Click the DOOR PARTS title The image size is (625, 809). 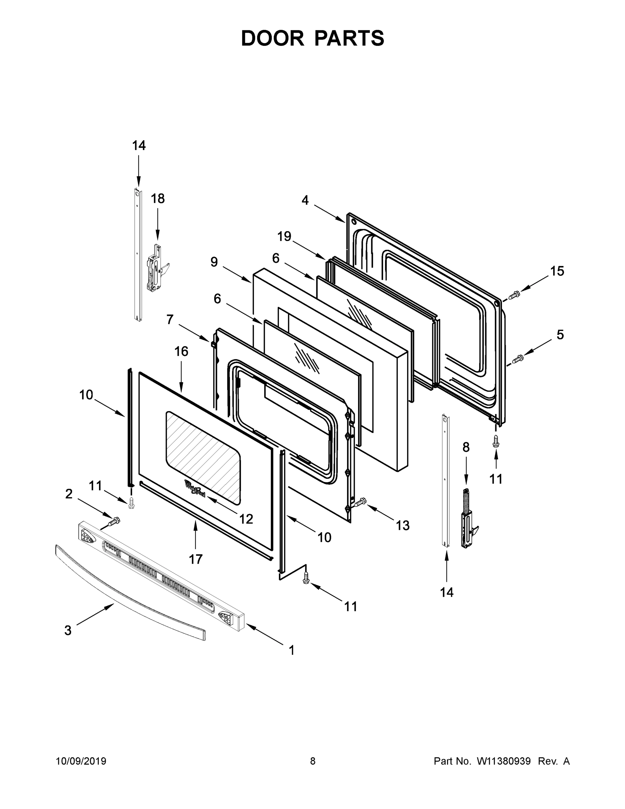coord(313,38)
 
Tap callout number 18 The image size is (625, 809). coord(157,199)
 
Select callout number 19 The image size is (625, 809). coord(284,236)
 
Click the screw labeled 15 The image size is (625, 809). coord(514,295)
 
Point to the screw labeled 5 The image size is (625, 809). coord(517,359)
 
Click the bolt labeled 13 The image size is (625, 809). coord(360,502)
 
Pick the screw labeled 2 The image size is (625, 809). coord(114,521)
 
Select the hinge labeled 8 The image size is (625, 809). coord(468,519)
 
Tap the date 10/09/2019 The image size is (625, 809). coord(81,761)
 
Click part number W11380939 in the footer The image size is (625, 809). coord(504,761)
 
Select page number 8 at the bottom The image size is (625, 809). coord(313,761)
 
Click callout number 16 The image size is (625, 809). coord(181,351)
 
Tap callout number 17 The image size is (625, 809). coord(195,559)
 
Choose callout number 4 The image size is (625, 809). coord(305,201)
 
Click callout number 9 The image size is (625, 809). coord(214,262)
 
